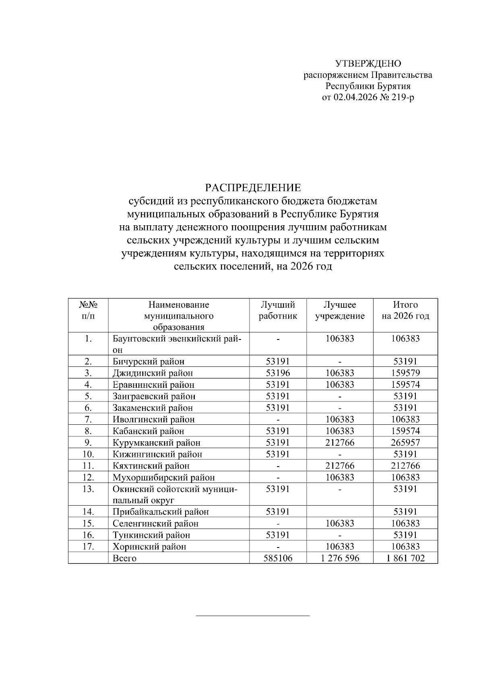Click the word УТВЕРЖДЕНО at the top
point(368,64)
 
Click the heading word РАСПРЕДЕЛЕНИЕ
point(253,188)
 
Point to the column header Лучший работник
point(278,310)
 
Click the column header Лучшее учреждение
point(340,310)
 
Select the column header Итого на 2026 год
point(405,310)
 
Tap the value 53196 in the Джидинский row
point(278,373)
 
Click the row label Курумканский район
point(157,443)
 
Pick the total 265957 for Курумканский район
point(405,443)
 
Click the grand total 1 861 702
point(405,558)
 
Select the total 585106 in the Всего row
point(278,558)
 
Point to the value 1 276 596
point(340,558)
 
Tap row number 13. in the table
point(88,489)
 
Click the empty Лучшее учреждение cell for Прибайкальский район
point(340,512)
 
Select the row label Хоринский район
point(149,547)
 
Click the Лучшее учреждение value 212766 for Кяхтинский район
point(340,466)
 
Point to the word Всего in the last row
point(124,558)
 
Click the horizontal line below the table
point(253,615)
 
